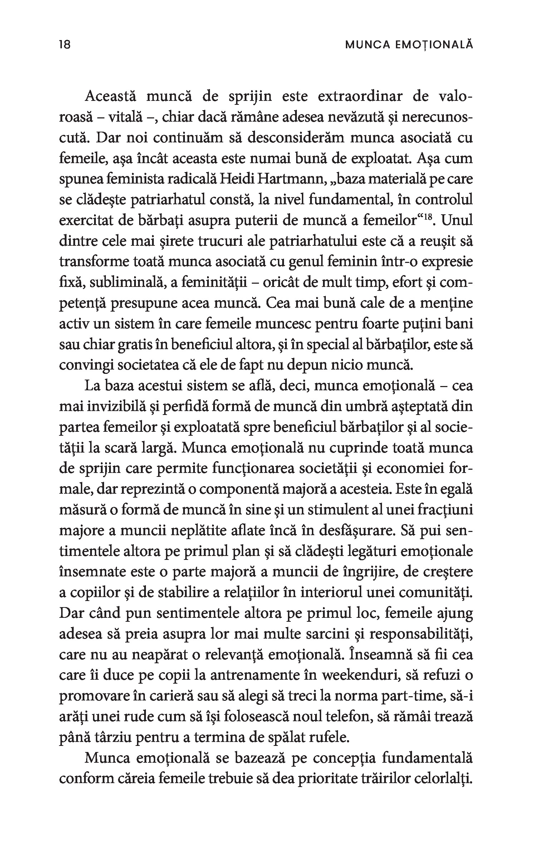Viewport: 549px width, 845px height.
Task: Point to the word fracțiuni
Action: click(446, 510)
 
